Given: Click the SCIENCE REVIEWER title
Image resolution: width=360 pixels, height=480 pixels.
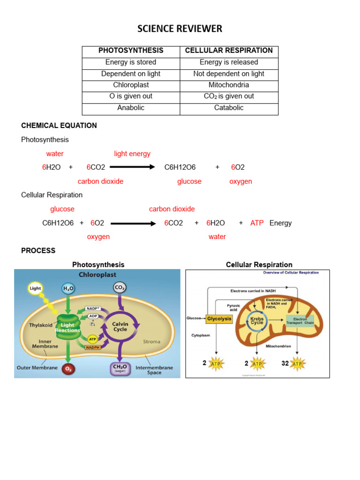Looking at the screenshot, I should pos(180,29).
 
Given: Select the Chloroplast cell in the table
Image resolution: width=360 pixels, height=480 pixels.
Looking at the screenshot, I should pos(131,85).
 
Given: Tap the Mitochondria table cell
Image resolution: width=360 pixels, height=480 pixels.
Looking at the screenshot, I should pos(229,85).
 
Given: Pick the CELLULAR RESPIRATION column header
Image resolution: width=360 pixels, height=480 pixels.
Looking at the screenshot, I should pos(229,51).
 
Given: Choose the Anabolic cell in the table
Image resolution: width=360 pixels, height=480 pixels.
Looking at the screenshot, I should pos(131,107).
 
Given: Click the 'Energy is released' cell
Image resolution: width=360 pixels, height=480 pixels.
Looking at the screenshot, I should pos(229,62).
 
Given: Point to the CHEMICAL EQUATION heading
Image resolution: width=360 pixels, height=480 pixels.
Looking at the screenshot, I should pos(59,126).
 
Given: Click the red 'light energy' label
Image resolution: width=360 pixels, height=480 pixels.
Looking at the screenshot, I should pos(132,154).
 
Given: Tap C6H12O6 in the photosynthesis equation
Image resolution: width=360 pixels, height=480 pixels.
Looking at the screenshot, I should pos(180,167).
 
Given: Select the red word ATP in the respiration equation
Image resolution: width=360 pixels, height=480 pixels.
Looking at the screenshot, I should pos(257,223).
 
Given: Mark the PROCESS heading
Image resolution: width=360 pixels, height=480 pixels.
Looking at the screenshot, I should pos(38,251).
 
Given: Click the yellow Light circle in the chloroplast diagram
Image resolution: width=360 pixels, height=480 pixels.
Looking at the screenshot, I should pos(36,289).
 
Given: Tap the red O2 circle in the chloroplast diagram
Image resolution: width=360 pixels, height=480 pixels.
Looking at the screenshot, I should pos(68,369).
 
